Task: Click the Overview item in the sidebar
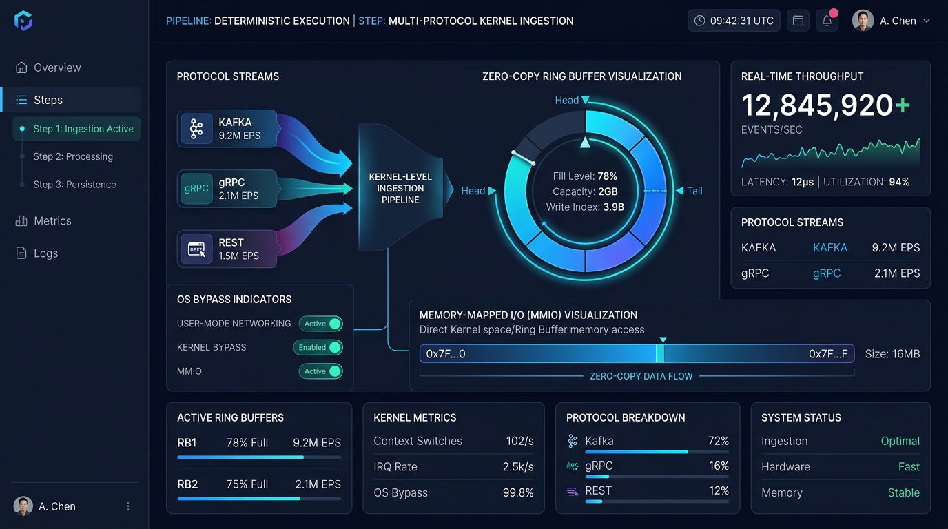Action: coord(48,68)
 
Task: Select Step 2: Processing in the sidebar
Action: coord(73,156)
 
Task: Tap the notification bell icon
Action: coord(827,20)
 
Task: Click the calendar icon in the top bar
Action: coord(798,20)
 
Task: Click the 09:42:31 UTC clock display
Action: coord(734,20)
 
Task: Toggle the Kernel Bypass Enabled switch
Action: coord(318,347)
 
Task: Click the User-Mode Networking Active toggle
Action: coord(321,324)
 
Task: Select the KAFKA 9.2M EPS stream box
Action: coord(227,129)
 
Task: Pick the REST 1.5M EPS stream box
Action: coord(227,249)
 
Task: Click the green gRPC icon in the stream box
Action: coord(196,189)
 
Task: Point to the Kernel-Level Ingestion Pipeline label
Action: coord(400,188)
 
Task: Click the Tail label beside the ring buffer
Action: coord(694,191)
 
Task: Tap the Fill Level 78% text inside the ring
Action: coord(585,176)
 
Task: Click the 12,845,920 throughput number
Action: coord(817,105)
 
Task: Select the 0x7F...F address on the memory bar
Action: coord(828,354)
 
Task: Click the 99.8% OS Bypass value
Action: coord(518,492)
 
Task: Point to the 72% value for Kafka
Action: coord(719,441)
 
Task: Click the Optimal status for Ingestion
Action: coord(900,441)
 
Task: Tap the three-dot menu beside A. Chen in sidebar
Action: coord(128,506)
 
